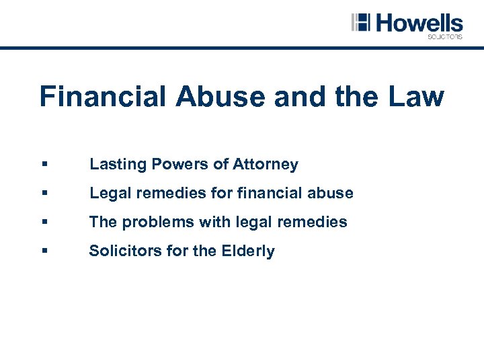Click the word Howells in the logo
(x=419, y=23)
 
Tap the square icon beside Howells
(x=361, y=22)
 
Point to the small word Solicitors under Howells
(x=445, y=37)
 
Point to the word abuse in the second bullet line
(x=331, y=193)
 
